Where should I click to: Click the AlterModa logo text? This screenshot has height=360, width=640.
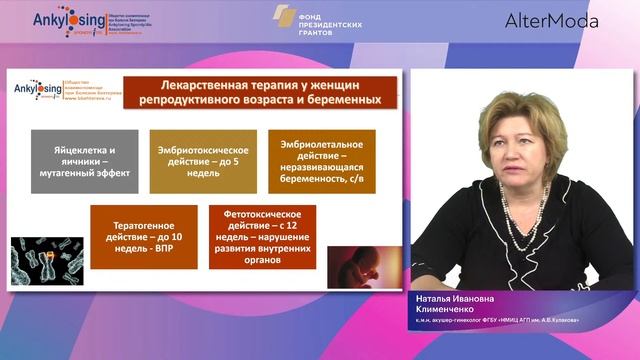(x=552, y=20)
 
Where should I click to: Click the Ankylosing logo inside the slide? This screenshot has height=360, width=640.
(x=38, y=90)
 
